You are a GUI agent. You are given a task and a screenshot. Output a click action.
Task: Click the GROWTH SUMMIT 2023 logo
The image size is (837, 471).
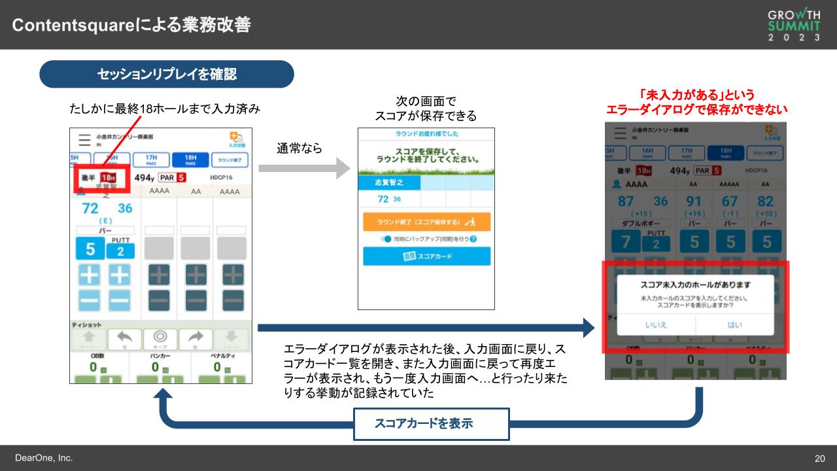pyautogui.click(x=794, y=25)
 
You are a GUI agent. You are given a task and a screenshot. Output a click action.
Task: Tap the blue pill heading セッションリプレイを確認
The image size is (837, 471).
pyautogui.click(x=167, y=74)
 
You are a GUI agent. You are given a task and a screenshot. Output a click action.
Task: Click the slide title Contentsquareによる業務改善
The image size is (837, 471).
pyautogui.click(x=131, y=25)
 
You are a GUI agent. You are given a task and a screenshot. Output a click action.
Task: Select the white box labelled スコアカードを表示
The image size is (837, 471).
pyautogui.click(x=432, y=423)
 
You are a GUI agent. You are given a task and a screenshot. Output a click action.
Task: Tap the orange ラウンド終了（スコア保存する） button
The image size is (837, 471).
pyautogui.click(x=426, y=222)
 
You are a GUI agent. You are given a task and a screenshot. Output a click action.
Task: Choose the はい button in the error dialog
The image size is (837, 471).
pyautogui.click(x=734, y=324)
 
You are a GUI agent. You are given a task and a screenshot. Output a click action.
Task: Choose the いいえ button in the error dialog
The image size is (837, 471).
pyautogui.click(x=656, y=324)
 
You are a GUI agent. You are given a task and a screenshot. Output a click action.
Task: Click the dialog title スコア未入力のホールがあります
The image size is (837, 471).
pyautogui.click(x=695, y=285)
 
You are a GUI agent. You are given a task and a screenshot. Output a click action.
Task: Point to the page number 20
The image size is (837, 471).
pyautogui.click(x=819, y=459)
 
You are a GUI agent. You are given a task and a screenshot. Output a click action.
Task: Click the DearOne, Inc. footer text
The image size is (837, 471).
pyautogui.click(x=44, y=458)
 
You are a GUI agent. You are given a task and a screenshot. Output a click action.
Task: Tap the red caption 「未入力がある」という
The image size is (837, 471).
pyautogui.click(x=696, y=95)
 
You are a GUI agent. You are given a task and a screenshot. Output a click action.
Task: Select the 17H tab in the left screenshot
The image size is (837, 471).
pyautogui.click(x=150, y=160)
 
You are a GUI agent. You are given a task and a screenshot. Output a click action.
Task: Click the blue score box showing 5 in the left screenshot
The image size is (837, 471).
pyautogui.click(x=90, y=249)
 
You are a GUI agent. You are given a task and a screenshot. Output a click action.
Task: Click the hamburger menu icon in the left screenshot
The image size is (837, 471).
pyautogui.click(x=84, y=139)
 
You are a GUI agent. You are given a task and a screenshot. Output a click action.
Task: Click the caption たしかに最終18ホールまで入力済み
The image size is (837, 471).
pyautogui.click(x=165, y=109)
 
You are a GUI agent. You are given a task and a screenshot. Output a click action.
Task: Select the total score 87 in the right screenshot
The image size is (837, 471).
pyautogui.click(x=625, y=201)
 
